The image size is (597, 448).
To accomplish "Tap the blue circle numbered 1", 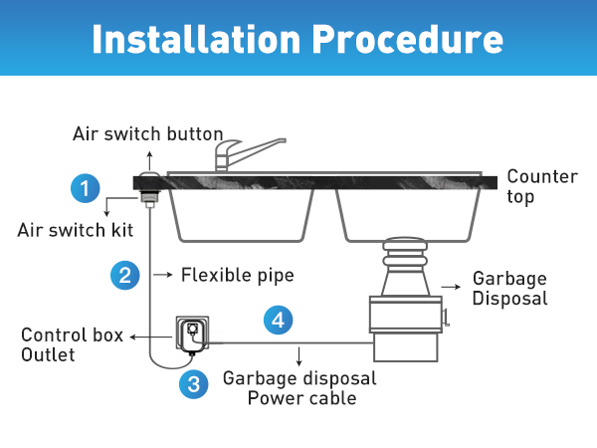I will click(86, 187).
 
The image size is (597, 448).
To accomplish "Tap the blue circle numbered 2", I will click(124, 275).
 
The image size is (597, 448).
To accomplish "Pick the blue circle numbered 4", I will click(279, 321).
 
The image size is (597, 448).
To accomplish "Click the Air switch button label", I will click(148, 133).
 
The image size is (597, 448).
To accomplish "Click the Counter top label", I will click(541, 186).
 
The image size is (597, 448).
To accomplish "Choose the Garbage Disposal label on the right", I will click(509, 288).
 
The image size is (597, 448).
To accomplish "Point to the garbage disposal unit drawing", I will click(406, 304).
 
